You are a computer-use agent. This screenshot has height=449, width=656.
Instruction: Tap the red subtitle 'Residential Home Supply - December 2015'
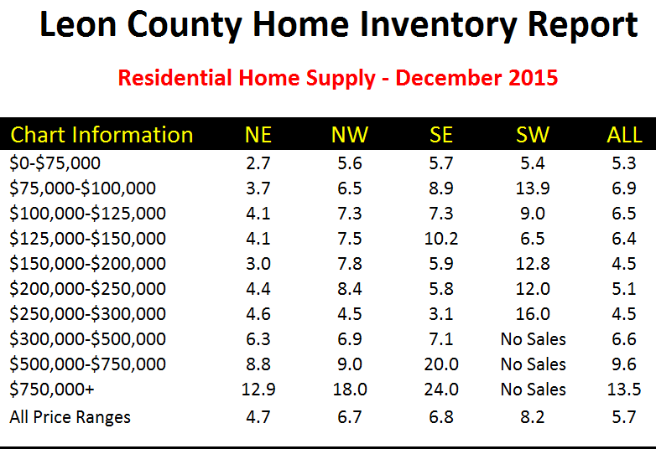(x=338, y=79)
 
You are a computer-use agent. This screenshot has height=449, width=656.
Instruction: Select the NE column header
(x=258, y=135)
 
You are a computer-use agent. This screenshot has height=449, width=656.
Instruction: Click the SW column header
(x=534, y=135)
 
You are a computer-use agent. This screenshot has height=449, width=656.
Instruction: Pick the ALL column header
(x=624, y=135)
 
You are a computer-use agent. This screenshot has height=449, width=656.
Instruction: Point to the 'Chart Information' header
(x=102, y=135)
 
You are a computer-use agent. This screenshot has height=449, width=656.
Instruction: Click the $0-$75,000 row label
(x=55, y=163)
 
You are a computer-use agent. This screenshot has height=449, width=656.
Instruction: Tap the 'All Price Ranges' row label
(x=70, y=416)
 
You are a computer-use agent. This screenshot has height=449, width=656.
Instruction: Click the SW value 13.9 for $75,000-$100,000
(x=534, y=188)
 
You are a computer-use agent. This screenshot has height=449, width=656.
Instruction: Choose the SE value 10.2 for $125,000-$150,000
(x=441, y=239)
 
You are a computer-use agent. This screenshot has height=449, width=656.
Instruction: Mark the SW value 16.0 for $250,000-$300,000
(x=534, y=314)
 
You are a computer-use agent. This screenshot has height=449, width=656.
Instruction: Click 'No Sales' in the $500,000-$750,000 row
(x=534, y=364)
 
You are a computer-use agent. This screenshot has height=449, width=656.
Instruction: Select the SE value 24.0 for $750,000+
(x=441, y=390)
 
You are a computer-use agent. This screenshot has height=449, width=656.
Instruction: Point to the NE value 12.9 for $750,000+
(x=258, y=390)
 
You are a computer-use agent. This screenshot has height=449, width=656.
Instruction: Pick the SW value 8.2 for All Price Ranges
(x=534, y=416)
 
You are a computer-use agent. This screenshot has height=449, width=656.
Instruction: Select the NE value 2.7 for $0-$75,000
(x=258, y=163)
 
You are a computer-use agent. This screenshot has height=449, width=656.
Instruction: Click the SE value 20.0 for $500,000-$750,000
(x=441, y=364)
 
